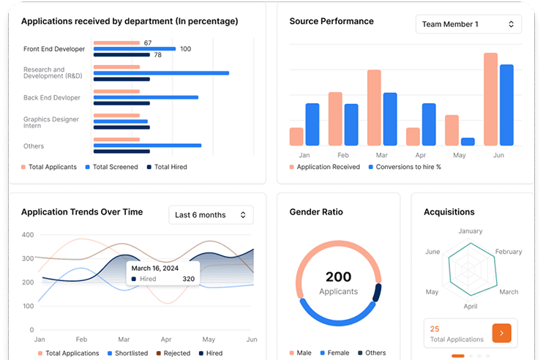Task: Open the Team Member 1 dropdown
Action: pos(468,24)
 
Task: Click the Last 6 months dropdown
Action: pos(211,215)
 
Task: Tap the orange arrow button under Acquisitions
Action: pos(501,334)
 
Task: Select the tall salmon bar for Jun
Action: pos(490,99)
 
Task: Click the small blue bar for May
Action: pos(468,141)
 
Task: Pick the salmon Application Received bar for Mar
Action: pos(374,108)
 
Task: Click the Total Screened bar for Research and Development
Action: pos(161,73)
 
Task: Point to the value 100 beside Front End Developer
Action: pos(185,49)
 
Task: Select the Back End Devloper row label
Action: pos(51,97)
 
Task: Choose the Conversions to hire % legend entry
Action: pos(409,167)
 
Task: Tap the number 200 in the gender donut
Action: pos(338,277)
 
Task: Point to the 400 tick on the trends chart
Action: pos(28,235)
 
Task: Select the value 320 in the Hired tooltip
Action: pos(188,279)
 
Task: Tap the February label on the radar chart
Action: pos(509,252)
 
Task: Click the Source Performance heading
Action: pos(332,21)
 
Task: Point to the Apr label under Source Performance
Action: pos(420,156)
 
